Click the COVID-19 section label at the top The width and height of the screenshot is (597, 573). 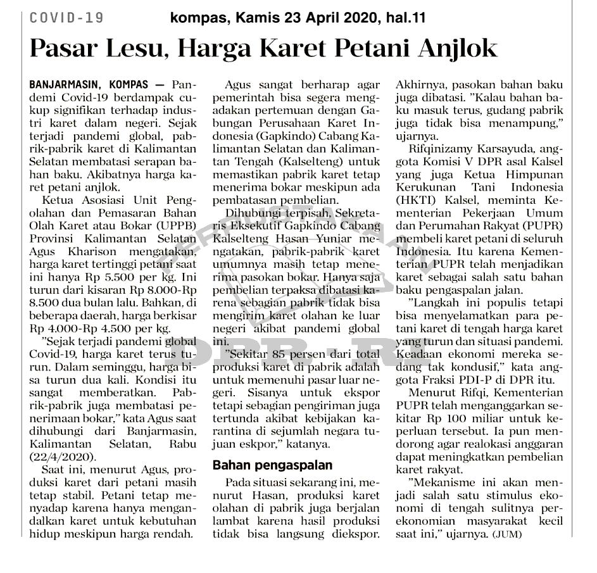(x=66, y=18)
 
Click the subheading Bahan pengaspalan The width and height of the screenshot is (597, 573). (x=272, y=465)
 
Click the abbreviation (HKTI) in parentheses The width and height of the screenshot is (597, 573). (x=417, y=200)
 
